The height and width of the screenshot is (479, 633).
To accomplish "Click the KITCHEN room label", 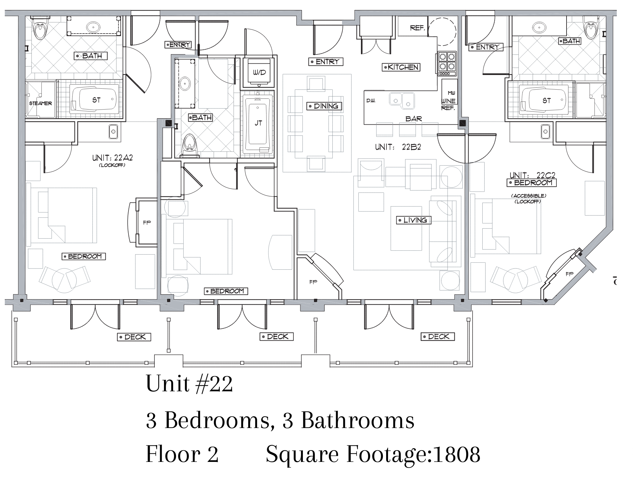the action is (x=401, y=67).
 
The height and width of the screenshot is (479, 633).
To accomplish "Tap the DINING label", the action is (x=325, y=106).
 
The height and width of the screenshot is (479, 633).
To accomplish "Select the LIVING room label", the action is (x=414, y=220).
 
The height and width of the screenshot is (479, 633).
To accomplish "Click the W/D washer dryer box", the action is (x=259, y=72).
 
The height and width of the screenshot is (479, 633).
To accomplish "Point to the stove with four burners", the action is (x=447, y=64).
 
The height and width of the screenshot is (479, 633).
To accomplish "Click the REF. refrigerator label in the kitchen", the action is (x=417, y=28).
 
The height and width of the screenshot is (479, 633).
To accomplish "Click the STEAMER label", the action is (x=41, y=104).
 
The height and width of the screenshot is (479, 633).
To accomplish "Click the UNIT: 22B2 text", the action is (x=398, y=147).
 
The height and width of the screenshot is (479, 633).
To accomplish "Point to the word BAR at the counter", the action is (x=414, y=119).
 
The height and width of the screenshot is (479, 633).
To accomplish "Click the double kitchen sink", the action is (x=402, y=100).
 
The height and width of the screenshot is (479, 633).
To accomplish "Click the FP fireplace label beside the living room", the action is (x=313, y=282).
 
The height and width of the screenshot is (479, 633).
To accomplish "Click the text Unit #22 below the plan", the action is (x=189, y=384).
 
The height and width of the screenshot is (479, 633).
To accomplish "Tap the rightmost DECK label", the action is (x=438, y=337).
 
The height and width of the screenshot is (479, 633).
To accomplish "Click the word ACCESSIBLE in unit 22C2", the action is (x=529, y=196).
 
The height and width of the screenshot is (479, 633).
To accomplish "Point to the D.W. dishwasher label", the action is (x=371, y=101).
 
